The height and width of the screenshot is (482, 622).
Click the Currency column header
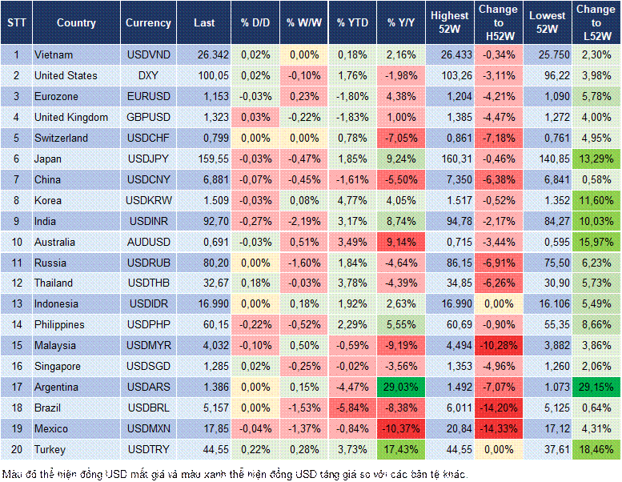click(148, 22)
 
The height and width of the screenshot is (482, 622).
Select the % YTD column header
click(351, 22)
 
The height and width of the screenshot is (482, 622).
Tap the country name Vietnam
click(54, 55)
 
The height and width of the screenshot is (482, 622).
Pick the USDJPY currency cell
click(148, 159)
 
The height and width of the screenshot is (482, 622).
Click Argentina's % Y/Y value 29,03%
click(401, 387)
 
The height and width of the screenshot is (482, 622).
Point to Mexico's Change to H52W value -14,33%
click(500, 428)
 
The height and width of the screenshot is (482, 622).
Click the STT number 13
click(16, 304)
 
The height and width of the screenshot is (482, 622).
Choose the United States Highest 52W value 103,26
click(450, 76)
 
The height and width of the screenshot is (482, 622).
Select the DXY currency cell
click(148, 76)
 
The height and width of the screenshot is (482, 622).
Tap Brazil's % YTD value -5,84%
click(352, 408)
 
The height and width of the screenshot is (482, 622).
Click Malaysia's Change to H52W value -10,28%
click(500, 345)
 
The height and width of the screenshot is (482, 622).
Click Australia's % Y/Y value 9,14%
click(401, 242)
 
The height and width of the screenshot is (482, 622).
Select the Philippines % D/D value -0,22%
click(255, 325)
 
